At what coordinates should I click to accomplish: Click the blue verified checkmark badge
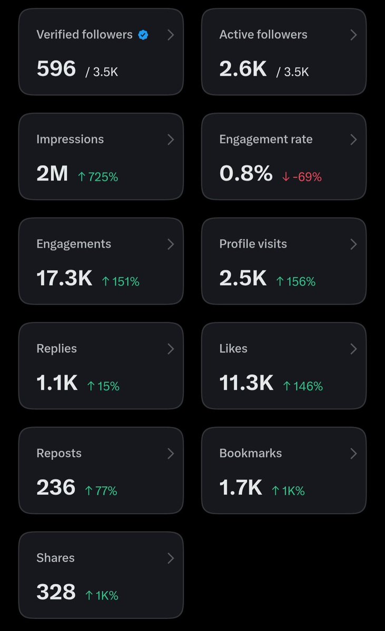coord(143,35)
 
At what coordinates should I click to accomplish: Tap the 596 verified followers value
coord(56,68)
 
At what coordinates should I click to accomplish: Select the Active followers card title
coord(263,35)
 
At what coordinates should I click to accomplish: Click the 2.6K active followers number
coord(243,68)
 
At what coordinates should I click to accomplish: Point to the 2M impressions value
coord(52,174)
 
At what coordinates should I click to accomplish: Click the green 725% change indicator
coord(98,177)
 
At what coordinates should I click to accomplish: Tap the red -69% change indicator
coord(302,177)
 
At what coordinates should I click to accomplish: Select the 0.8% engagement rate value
coord(246,174)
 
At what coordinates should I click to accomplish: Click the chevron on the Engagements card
coord(171,244)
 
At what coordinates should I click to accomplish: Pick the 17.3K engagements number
coord(64,278)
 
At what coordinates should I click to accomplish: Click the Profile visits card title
coord(253,244)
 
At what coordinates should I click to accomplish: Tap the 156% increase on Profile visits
coord(295,282)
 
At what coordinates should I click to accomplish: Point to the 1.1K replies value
coord(57,383)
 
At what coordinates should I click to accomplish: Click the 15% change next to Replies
coord(103,386)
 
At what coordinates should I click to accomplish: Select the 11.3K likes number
coord(246,383)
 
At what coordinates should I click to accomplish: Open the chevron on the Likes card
coord(353,349)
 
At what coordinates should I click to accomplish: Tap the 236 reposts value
coord(56,487)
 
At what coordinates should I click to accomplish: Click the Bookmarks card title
coord(251,453)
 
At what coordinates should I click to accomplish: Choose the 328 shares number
coord(56,592)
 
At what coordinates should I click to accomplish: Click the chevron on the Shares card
coord(171,558)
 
